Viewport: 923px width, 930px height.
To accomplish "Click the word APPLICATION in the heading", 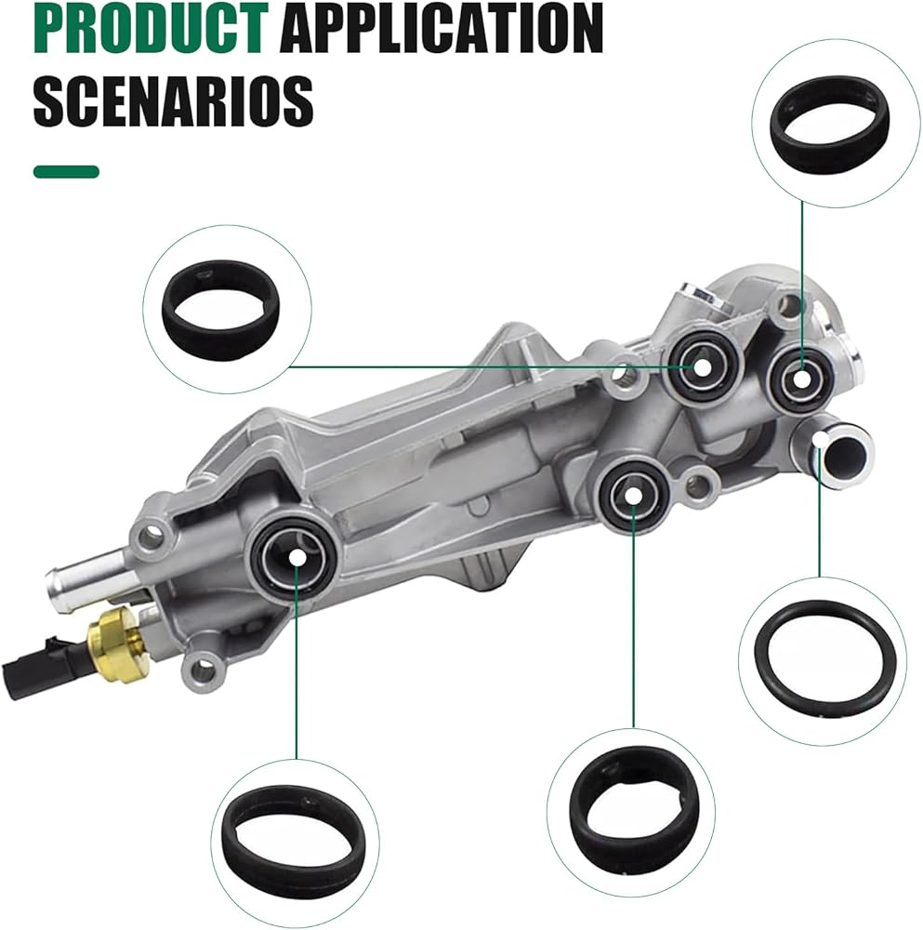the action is [442, 28].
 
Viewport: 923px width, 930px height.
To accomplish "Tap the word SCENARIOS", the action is [173, 100].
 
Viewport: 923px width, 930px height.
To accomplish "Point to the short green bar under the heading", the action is [66, 172].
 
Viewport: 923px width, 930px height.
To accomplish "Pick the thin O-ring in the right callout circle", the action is [823, 660].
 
